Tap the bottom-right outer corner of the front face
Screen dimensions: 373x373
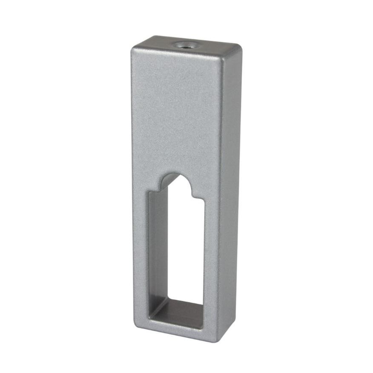pos(217,341)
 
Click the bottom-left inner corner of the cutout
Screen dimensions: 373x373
pos(149,319)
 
